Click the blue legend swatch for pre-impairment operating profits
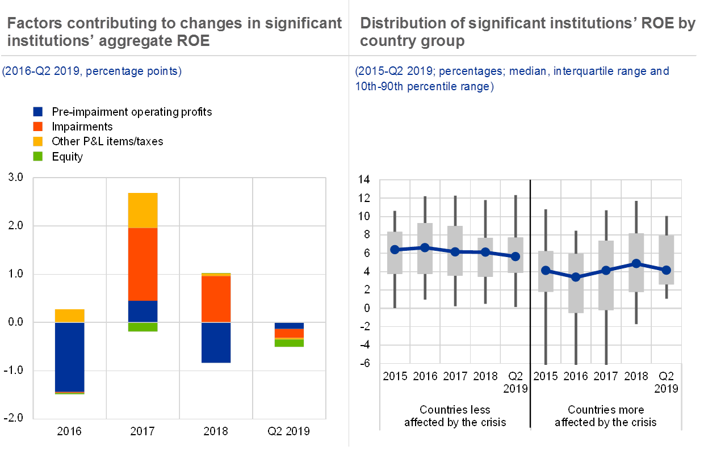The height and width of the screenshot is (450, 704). (x=39, y=112)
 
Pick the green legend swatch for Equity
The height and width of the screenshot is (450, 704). (x=39, y=156)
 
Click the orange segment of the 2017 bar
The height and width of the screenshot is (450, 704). (x=143, y=264)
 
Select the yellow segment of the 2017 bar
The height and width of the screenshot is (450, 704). (x=143, y=210)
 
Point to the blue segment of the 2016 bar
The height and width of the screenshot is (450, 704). (x=70, y=356)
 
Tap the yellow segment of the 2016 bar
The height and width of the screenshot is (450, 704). (x=70, y=316)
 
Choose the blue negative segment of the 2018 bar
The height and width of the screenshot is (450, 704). (x=216, y=342)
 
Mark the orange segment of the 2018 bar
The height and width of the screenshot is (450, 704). (x=216, y=298)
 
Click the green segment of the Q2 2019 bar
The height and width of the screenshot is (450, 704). (x=289, y=343)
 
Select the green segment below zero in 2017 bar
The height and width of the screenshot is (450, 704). (x=143, y=327)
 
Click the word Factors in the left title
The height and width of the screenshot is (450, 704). (x=33, y=23)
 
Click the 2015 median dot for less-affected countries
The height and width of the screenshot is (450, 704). (x=395, y=250)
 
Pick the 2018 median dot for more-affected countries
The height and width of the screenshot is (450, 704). (x=636, y=263)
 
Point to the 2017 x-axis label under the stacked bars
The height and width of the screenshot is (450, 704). (x=143, y=431)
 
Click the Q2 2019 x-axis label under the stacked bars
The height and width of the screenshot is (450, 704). (x=289, y=431)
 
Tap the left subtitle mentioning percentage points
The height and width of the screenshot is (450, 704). (x=91, y=72)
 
